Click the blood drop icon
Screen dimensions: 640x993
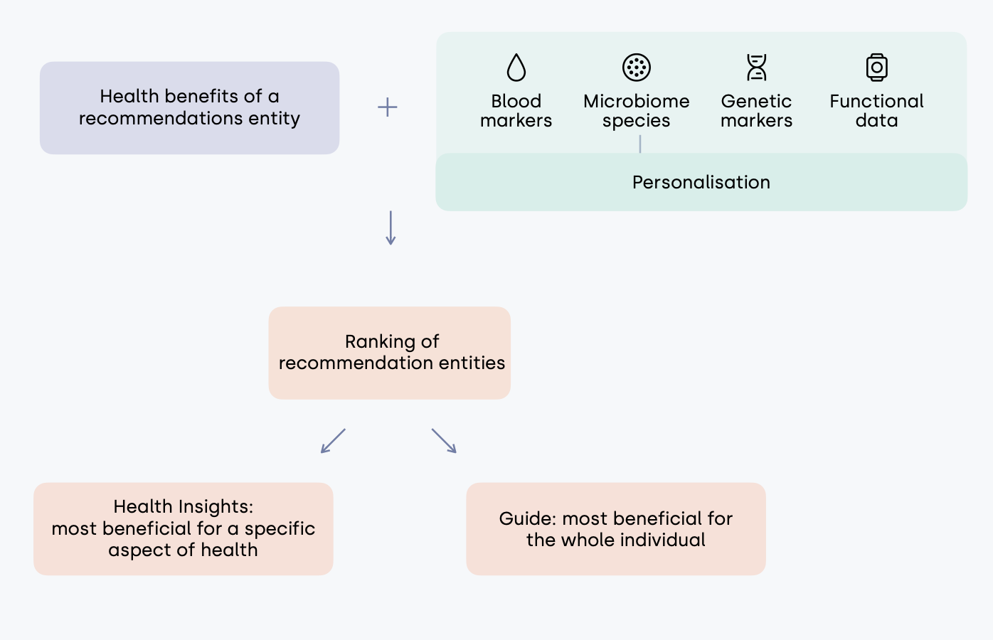[516, 68]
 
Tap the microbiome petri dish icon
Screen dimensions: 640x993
[637, 68]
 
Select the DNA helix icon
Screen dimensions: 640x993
[756, 68]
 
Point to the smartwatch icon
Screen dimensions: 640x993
[876, 68]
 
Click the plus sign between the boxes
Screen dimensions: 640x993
[388, 107]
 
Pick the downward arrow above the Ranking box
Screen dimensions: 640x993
[391, 228]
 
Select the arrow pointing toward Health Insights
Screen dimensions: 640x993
[333, 441]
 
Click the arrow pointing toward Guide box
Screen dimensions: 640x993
[444, 441]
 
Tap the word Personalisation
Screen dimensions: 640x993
[701, 183]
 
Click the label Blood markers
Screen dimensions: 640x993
[516, 111]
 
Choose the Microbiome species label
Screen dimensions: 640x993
[637, 111]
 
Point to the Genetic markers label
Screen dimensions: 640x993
[756, 111]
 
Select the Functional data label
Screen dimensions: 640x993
[876, 111]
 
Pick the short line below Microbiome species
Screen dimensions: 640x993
[640, 144]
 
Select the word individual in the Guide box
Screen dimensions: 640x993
[662, 540]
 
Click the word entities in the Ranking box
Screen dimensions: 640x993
[472, 363]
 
